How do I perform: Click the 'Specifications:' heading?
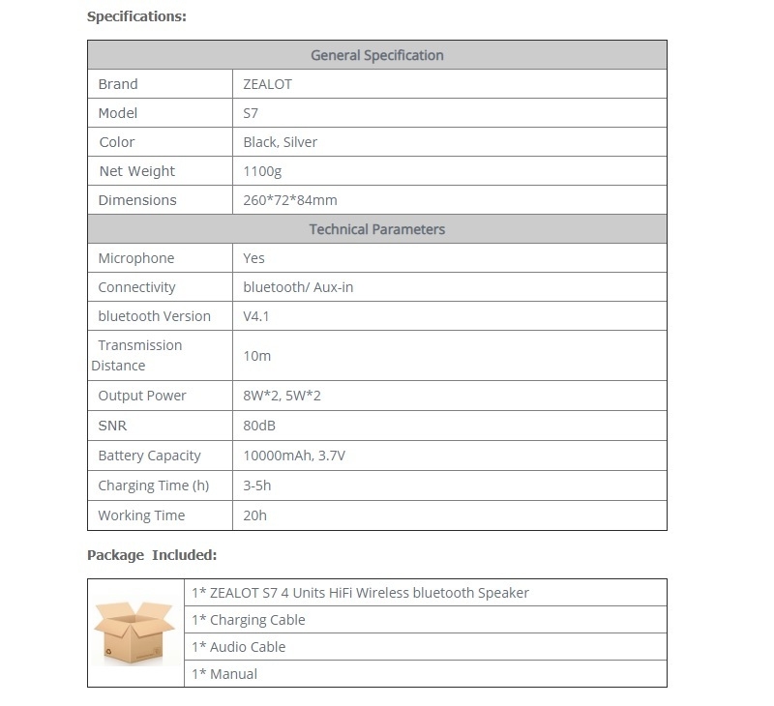tap(136, 16)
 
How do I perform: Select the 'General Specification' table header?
tap(376, 55)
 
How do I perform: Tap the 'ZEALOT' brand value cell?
tap(268, 84)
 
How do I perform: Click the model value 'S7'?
tap(252, 113)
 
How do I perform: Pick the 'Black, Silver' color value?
tap(281, 142)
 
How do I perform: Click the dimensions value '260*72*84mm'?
tap(290, 200)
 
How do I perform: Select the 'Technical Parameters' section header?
tap(376, 229)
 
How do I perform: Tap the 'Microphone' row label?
tap(136, 258)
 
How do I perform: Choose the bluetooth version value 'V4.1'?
tap(256, 316)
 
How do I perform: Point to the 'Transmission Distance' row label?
tap(136, 355)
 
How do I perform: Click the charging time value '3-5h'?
tap(257, 485)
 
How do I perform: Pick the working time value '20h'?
tap(255, 515)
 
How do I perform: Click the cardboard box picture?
tap(134, 632)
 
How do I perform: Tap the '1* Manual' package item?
tap(224, 674)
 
